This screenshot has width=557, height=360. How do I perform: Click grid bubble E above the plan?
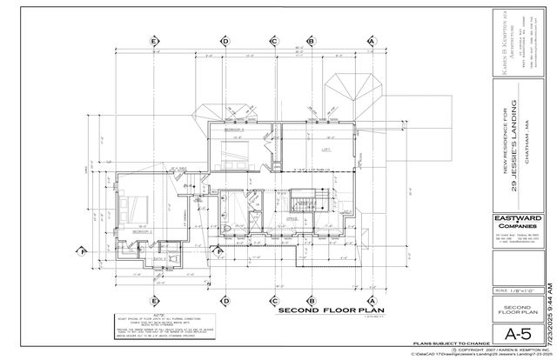(x=155, y=41)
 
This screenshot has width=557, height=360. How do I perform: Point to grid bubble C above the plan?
(x=273, y=41)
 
